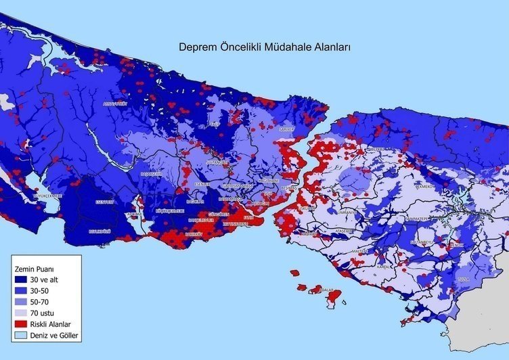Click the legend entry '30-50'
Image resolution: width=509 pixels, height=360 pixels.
[x=40, y=290]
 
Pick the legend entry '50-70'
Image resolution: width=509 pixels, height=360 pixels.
[x=40, y=302]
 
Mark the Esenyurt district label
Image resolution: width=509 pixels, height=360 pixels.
[x=105, y=202]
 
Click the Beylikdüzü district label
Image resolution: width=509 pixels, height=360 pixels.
[x=100, y=230]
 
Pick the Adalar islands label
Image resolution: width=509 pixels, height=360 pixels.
[x=327, y=290]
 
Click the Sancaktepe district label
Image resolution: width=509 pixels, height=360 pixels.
[x=414, y=219]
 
